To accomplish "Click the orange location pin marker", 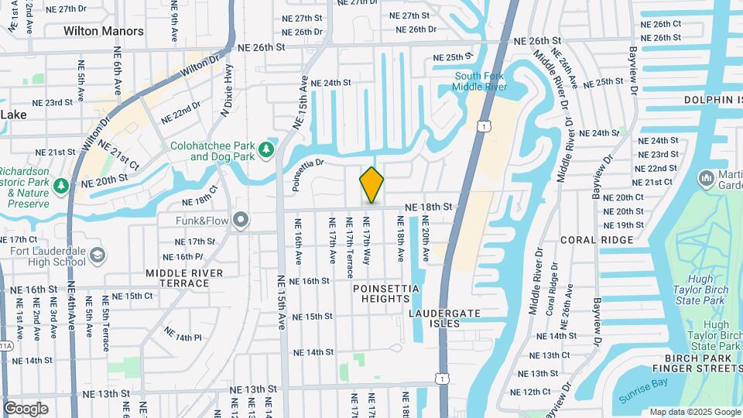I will click(x=371, y=184).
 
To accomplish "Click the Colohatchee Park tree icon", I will click(x=267, y=149).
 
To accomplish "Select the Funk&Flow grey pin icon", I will click(x=241, y=221).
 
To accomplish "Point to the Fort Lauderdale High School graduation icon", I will click(x=98, y=255).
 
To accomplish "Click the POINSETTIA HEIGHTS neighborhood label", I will click(x=386, y=294).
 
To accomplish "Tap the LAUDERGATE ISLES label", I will click(x=445, y=317).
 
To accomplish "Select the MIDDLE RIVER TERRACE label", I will click(x=184, y=279).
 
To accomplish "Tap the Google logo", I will click(x=26, y=409).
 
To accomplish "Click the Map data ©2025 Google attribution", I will click(x=694, y=412).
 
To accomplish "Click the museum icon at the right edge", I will click(x=706, y=179).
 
